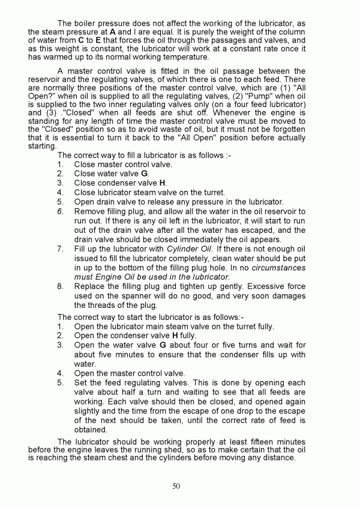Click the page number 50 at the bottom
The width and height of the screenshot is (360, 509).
pos(176,486)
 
